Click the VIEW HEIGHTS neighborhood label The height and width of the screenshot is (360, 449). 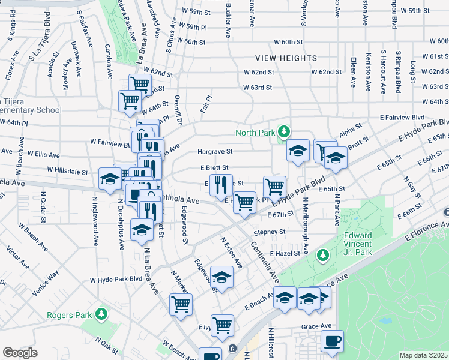coord(286,58)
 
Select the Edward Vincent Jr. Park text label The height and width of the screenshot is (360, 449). coord(358,241)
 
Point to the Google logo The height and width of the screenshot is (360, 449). coord(20,353)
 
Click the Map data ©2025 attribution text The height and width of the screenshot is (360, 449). coord(423,355)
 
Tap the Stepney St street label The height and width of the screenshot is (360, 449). coord(268,231)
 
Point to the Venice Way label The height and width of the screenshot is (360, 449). coord(46,283)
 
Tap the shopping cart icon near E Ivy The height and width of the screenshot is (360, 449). coord(222,325)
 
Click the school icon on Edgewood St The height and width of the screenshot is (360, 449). coord(222,277)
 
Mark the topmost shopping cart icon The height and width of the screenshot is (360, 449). coord(140,84)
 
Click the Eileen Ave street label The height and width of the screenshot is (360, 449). coord(352,70)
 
